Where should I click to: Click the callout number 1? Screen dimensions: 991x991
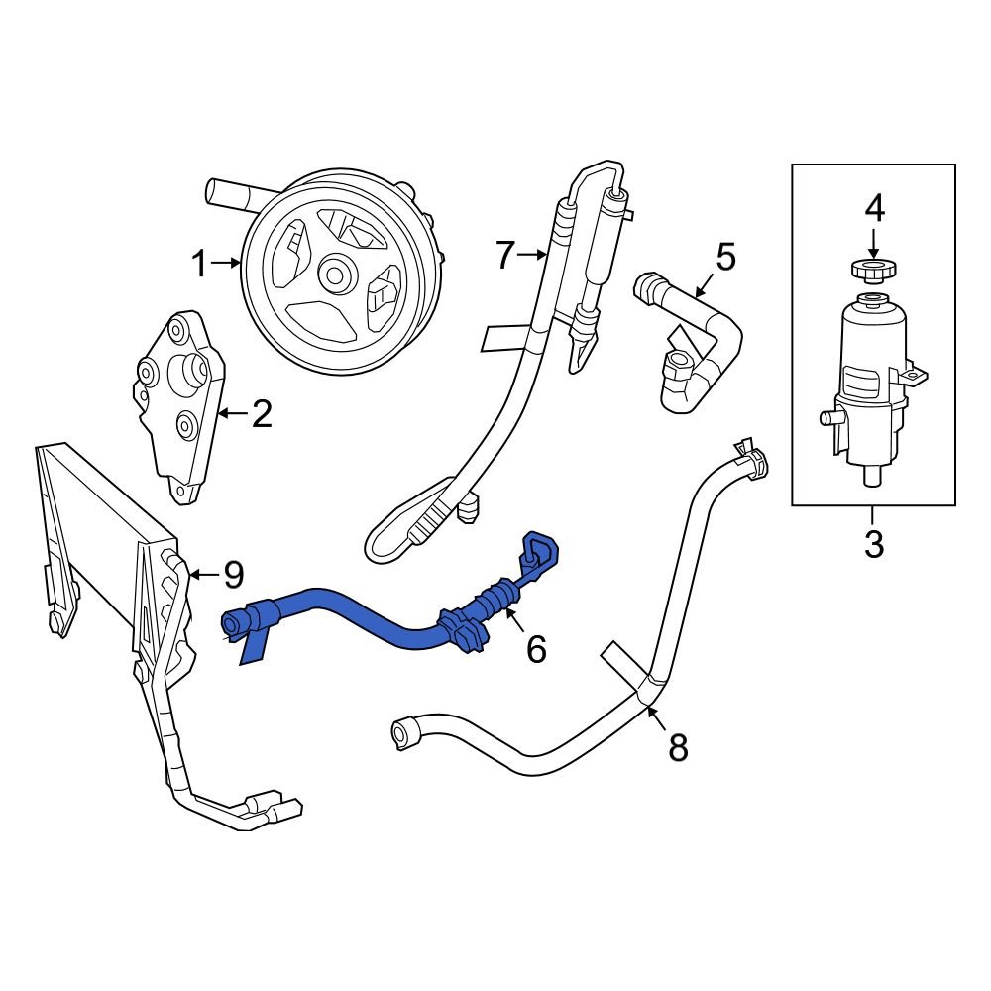pos(198,265)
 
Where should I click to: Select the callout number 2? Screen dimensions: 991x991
pos(261,413)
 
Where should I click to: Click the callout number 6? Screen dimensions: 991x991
pos(535,649)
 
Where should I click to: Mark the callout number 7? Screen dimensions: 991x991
pos(505,256)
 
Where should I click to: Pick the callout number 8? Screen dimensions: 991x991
pos(678,747)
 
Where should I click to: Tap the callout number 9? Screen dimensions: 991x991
pos(232,573)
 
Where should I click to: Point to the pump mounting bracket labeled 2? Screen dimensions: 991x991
pos(178,406)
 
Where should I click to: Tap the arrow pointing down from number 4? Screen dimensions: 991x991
pos(873,242)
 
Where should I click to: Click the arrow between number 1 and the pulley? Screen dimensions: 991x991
pos(227,264)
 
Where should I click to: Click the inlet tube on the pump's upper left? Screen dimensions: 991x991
pos(228,190)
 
